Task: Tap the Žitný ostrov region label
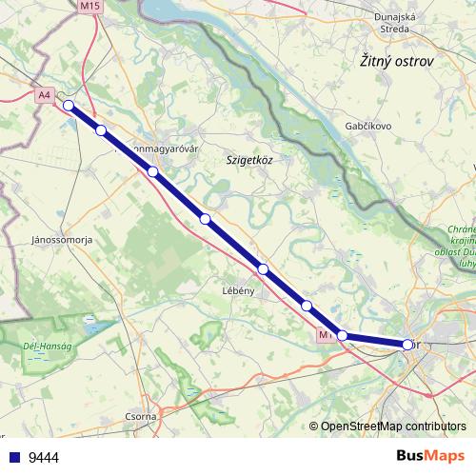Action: (397, 61)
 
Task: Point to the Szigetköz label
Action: (249, 160)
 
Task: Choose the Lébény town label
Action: (238, 290)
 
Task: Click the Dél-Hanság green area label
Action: (42, 347)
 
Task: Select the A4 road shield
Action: (44, 95)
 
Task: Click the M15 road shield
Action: (89, 6)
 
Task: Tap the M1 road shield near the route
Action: (326, 335)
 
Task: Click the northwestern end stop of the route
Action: (68, 106)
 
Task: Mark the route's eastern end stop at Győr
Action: (407, 345)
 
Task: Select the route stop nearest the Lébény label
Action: (263, 269)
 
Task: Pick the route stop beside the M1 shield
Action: (343, 335)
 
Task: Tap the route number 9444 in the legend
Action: (44, 457)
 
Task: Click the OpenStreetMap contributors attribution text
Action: (393, 427)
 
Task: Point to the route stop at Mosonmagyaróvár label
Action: (152, 171)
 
